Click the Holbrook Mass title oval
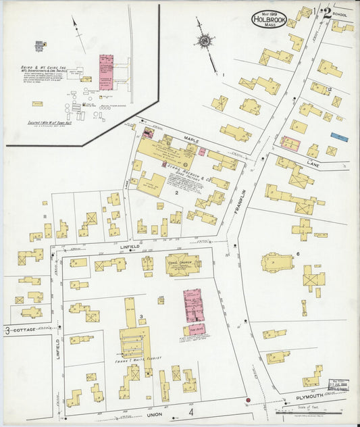point(270,20)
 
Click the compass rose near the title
point(203,41)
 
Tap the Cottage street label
point(24,330)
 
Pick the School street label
point(342,14)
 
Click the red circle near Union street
point(248,401)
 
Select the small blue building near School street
point(339,137)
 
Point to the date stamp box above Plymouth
point(336,386)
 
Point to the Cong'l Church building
point(182,264)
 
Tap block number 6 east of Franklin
point(298,254)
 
